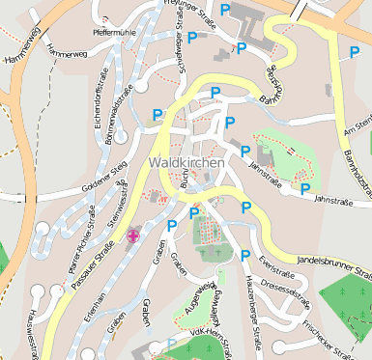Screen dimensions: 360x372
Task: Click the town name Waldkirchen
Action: pos(186,163)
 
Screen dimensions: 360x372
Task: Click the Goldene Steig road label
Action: pos(104,180)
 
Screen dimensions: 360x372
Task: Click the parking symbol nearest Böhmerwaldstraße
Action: pos(157,114)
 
